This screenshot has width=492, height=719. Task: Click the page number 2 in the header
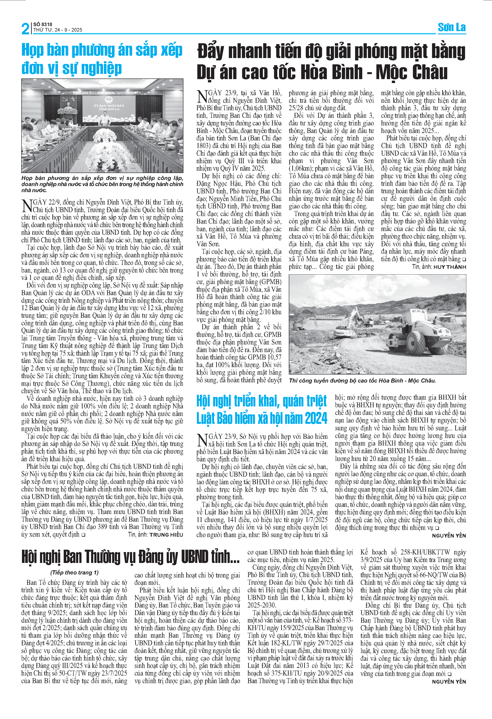(25, 28)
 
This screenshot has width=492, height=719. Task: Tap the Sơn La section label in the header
(452, 28)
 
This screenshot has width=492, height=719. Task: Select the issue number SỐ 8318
(43, 24)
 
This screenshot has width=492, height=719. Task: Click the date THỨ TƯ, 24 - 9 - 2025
(58, 30)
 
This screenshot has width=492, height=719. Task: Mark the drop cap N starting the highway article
(202, 96)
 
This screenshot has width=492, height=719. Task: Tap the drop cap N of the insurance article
(202, 439)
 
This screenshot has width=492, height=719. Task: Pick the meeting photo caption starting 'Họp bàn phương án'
(102, 184)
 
